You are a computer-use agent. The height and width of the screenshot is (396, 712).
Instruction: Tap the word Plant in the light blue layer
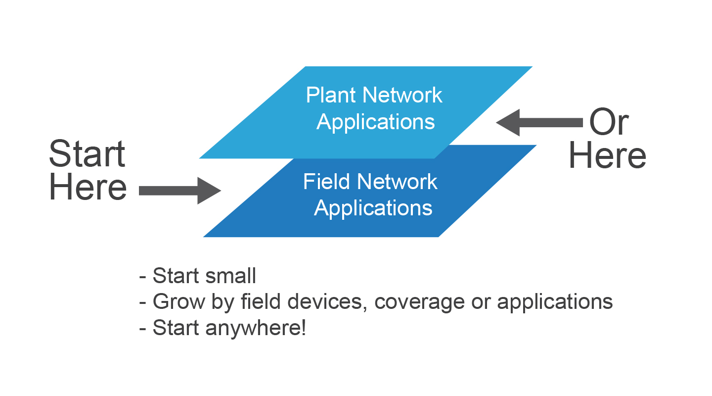coord(329,95)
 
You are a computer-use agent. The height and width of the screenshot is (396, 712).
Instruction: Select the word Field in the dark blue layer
coord(324,182)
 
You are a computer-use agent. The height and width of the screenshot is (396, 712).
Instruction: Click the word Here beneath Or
coord(607,155)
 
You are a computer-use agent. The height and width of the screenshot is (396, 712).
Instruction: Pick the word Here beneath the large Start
coord(88,188)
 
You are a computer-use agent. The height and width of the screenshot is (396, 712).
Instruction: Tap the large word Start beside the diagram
coord(87,154)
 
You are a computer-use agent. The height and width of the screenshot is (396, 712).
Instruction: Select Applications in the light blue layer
coord(376,122)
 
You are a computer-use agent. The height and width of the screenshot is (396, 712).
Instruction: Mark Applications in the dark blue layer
coord(373,208)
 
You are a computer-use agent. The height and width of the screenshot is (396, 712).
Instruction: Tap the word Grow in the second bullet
coord(175,302)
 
